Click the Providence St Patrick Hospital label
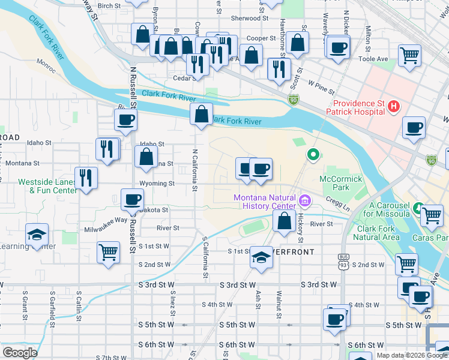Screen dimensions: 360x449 (355, 107)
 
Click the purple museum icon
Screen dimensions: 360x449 (305, 199)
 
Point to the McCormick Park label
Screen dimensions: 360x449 (341, 183)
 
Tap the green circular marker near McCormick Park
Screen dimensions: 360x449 (313, 155)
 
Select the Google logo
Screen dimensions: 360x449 (20, 353)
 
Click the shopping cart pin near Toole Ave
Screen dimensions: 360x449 (409, 56)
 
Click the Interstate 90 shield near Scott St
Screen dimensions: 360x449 (292, 101)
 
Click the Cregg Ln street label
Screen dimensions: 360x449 (338, 206)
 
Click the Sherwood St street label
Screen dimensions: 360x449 (246, 19)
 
